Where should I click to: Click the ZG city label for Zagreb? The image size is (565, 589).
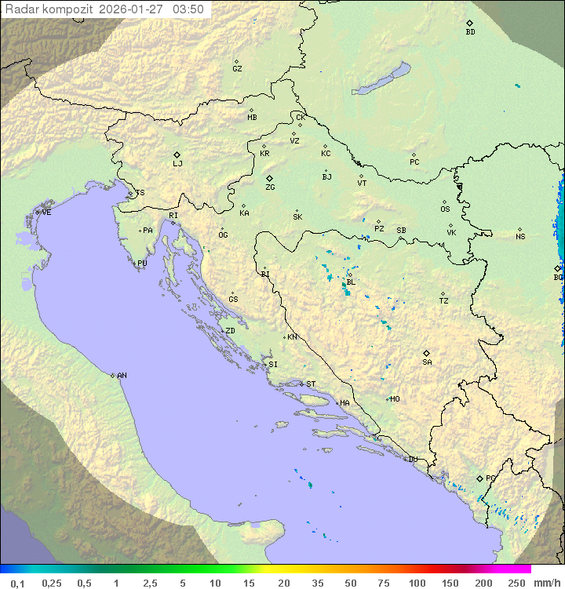click(x=270, y=187)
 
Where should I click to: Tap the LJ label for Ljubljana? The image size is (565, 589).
click(x=177, y=164)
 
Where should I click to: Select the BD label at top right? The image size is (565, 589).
click(x=470, y=32)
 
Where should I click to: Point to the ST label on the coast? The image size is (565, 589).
click(x=311, y=384)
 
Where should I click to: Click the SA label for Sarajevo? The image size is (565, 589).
click(x=427, y=362)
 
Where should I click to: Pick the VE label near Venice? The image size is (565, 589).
click(x=46, y=213)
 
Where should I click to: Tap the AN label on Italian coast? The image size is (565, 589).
click(x=122, y=376)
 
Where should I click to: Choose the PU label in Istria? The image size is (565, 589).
click(x=142, y=264)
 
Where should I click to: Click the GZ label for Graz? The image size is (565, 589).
click(x=237, y=69)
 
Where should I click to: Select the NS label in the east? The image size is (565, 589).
click(x=520, y=237)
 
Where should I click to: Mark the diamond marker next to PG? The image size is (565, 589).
click(x=479, y=478)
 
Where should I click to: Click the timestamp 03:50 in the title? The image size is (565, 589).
click(x=188, y=9)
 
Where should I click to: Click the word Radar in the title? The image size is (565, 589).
click(x=20, y=9)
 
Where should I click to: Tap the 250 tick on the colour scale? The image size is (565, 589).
click(x=516, y=583)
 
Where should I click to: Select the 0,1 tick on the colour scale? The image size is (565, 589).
click(x=17, y=583)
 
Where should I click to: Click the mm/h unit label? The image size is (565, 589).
click(x=546, y=583)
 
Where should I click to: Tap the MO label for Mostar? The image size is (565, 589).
click(x=395, y=399)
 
